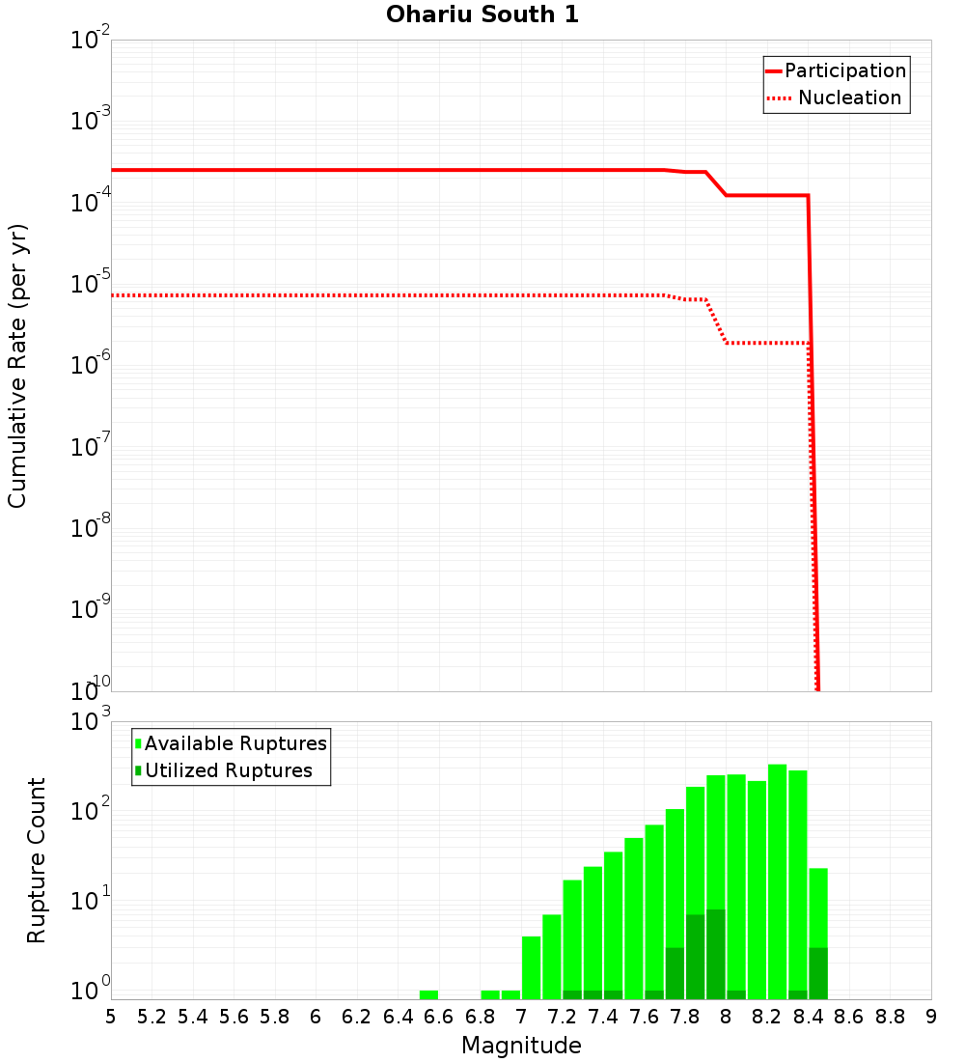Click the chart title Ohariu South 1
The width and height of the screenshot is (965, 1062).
pyautogui.click(x=482, y=15)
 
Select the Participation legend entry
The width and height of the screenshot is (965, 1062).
pyautogui.click(x=844, y=70)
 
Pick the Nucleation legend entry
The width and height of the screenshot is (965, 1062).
pyautogui.click(x=848, y=98)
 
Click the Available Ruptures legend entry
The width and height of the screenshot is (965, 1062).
pyautogui.click(x=235, y=743)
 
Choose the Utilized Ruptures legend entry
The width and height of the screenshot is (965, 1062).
pyautogui.click(x=228, y=770)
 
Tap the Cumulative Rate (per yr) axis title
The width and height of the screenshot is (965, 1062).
pyautogui.click(x=17, y=366)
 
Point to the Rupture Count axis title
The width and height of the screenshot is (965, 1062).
pyautogui.click(x=37, y=860)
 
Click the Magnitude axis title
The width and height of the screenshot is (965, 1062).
pyautogui.click(x=521, y=1046)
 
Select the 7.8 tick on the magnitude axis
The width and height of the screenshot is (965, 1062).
pyautogui.click(x=685, y=1017)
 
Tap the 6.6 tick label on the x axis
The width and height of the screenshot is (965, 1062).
pyautogui.click(x=439, y=1017)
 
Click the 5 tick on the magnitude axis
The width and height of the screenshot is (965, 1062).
pyautogui.click(x=111, y=1017)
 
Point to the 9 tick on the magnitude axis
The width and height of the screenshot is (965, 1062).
pyautogui.click(x=931, y=1017)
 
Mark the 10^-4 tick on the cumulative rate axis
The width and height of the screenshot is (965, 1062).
pyautogui.click(x=91, y=201)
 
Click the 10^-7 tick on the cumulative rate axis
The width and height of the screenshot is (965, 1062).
pyautogui.click(x=91, y=445)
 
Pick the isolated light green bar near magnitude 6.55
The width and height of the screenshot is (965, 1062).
pyautogui.click(x=428, y=994)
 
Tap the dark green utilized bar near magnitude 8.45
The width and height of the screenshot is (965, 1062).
pyautogui.click(x=818, y=973)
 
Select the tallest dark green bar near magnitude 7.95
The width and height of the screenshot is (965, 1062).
pyautogui.click(x=715, y=954)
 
